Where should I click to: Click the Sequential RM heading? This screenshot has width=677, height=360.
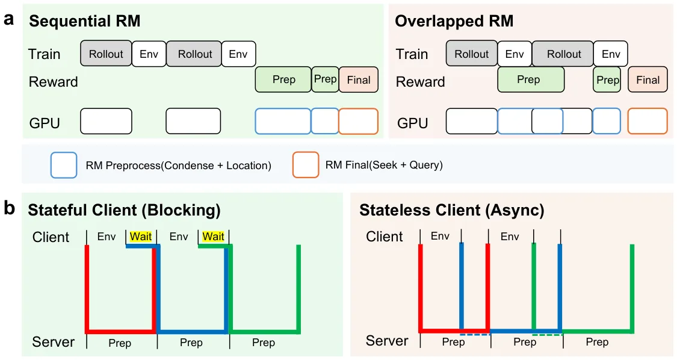(85, 21)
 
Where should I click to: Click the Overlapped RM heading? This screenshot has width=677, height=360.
(454, 21)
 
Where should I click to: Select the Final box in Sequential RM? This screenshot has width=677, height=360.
(359, 79)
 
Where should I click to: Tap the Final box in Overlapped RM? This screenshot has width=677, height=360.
(648, 79)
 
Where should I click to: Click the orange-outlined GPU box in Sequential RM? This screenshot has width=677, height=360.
(359, 121)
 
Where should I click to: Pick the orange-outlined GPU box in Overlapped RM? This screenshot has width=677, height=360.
(648, 121)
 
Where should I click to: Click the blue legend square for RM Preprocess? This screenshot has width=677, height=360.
(64, 165)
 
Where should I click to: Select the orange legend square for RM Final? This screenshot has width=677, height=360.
(306, 165)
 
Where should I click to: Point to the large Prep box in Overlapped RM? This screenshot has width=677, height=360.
(531, 79)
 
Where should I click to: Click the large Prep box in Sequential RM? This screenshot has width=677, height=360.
(283, 79)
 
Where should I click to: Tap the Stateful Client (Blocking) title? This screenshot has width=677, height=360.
(125, 210)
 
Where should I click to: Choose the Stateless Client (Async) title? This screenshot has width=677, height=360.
(451, 210)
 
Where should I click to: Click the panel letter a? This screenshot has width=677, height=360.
(8, 19)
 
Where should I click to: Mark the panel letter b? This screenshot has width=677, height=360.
(9, 208)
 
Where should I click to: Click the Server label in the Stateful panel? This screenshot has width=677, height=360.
(54, 342)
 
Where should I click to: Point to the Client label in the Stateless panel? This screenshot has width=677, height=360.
(385, 237)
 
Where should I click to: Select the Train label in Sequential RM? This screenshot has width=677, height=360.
(44, 54)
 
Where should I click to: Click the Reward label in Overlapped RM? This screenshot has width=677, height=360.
(420, 82)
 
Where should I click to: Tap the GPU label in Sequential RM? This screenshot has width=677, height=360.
(45, 123)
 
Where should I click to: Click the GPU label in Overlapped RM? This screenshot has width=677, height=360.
(412, 123)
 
